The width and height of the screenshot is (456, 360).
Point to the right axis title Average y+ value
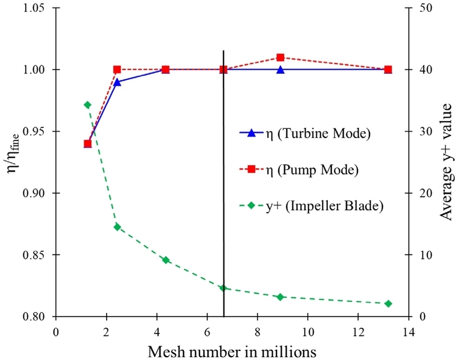(442, 163)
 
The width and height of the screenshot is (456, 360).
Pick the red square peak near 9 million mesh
(280, 58)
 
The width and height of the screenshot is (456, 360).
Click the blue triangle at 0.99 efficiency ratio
(117, 82)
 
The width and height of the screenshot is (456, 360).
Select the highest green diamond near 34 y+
(87, 105)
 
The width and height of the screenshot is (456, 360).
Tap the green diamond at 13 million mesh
(388, 304)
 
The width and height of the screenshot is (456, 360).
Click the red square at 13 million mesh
(388, 70)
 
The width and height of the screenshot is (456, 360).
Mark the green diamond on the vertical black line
(223, 288)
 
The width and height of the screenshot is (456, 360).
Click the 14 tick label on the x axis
(408, 330)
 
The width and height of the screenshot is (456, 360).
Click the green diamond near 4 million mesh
(166, 260)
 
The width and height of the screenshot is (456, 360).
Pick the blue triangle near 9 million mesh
(280, 70)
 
